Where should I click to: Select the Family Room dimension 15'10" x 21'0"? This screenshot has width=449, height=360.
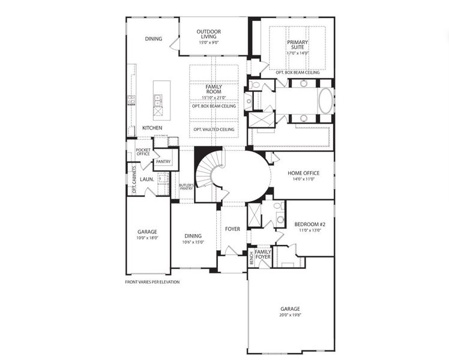[x=214, y=98]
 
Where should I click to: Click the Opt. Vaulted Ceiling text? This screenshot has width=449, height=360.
[x=214, y=130]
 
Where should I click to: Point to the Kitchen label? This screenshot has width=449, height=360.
[x=152, y=128]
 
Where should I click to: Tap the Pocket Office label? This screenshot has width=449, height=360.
[x=143, y=152]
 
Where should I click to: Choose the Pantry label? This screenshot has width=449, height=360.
[x=163, y=162]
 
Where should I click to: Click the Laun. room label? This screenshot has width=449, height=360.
[x=147, y=179]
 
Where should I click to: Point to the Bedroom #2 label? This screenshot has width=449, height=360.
[x=309, y=224]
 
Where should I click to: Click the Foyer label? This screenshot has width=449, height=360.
[x=233, y=229]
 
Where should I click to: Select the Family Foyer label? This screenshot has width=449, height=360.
[x=263, y=254]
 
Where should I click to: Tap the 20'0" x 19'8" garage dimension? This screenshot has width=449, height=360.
[x=290, y=315]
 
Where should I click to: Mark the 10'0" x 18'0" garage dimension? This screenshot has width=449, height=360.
[x=146, y=238]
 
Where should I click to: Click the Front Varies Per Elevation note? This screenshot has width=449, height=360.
[x=152, y=281]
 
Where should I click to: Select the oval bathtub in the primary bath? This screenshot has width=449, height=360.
[x=325, y=101]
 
